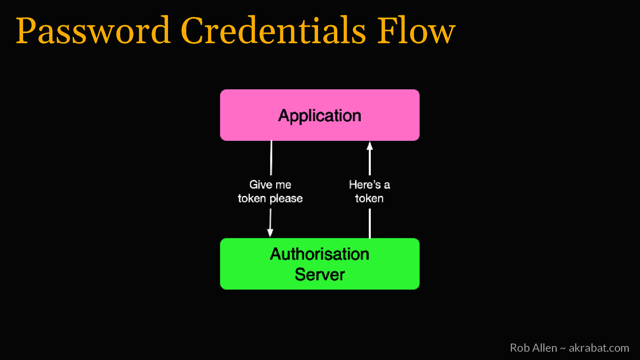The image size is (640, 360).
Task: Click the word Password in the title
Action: click(93, 31)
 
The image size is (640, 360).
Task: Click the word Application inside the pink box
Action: click(320, 116)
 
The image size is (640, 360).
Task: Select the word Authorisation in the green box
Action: click(320, 254)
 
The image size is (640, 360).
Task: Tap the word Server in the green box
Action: click(320, 274)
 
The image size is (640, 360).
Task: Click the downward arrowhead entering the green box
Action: click(270, 233)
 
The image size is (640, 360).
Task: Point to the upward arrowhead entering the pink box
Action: click(370, 146)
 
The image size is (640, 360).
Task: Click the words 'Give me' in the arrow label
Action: click(270, 184)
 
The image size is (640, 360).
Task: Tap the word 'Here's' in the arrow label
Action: click(365, 184)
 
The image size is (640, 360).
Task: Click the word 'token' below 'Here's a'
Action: click(369, 198)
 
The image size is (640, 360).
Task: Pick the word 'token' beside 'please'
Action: click(252, 198)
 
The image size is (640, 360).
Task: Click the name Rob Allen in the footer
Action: click(533, 348)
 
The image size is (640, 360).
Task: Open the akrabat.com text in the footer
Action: click(599, 348)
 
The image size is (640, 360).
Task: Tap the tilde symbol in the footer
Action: click(563, 348)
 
